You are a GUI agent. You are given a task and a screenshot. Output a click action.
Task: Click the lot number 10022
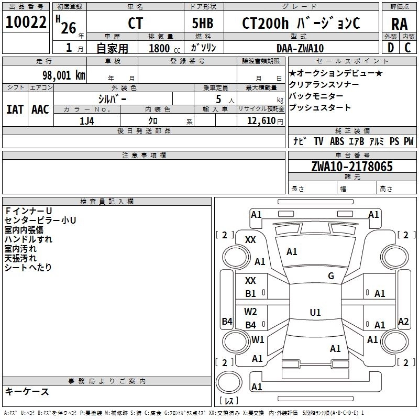(x=26, y=23)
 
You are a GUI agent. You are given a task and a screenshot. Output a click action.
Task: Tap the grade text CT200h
(x=263, y=23)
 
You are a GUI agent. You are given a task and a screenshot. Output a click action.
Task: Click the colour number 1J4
(x=87, y=120)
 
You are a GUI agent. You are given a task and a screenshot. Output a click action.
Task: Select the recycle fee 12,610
(x=261, y=121)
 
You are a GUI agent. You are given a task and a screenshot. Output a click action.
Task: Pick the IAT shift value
(x=15, y=109)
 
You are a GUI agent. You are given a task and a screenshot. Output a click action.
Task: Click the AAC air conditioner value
(x=40, y=109)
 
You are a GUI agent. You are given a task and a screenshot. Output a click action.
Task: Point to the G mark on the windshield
(x=331, y=276)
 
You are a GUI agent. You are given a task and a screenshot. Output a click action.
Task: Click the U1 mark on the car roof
(x=315, y=313)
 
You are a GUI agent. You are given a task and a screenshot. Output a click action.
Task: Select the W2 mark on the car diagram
(x=251, y=311)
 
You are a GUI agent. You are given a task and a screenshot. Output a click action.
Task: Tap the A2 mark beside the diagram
(x=403, y=322)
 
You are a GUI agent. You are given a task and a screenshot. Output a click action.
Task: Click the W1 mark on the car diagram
(x=258, y=339)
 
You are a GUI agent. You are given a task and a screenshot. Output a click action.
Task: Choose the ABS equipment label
(x=336, y=141)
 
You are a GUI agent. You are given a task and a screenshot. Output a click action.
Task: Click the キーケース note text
(x=27, y=391)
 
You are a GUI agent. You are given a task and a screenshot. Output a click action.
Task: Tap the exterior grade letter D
(x=390, y=48)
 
